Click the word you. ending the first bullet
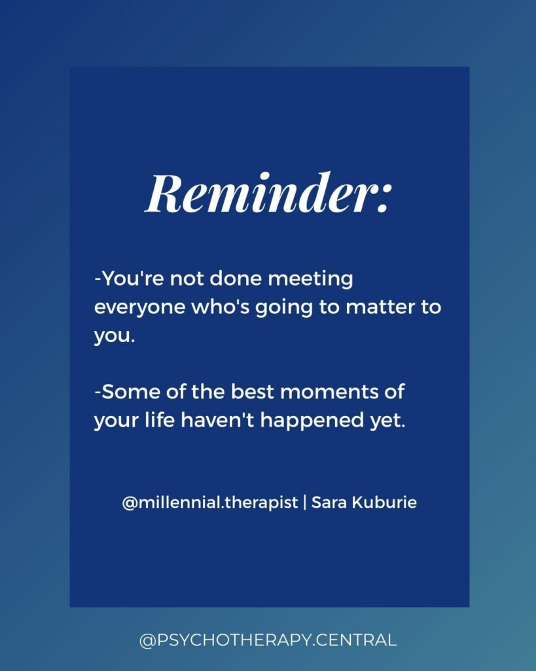coord(114,337)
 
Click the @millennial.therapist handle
coord(210,503)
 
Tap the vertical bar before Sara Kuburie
coord(304,503)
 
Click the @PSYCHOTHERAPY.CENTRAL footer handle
coord(268,640)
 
